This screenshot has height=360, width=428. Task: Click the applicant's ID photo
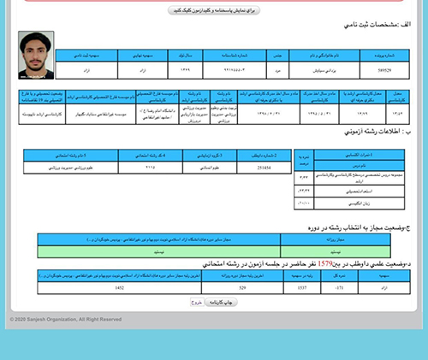[x=36, y=56]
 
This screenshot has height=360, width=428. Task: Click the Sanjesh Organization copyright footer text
[x=66, y=319]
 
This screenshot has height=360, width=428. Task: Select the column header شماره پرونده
[x=387, y=55]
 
